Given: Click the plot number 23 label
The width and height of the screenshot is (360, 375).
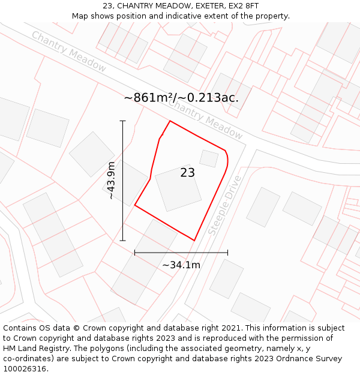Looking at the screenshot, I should [187, 173].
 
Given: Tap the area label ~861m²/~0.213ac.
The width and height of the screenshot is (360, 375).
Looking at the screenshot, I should [181, 98].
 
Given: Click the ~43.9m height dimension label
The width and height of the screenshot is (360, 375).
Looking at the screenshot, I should [112, 181].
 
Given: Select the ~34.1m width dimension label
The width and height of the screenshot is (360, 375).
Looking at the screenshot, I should [181, 265].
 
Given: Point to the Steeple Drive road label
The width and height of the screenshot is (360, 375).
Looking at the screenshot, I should [225, 205].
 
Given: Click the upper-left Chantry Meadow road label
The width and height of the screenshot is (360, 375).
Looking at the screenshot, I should [69, 52].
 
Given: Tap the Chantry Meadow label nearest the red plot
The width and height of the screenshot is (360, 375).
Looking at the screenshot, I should [205, 119].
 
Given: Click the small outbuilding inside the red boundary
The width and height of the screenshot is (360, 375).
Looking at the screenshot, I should [209, 158].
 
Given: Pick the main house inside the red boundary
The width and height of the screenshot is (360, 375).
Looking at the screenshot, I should [178, 188].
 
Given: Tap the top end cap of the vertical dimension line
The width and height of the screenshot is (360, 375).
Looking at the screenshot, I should [123, 121].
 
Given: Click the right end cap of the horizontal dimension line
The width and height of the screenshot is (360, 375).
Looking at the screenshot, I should [227, 253].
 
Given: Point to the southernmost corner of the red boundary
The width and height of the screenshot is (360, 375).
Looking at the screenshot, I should [194, 240].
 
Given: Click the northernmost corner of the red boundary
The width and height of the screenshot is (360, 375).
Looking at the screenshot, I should [170, 121].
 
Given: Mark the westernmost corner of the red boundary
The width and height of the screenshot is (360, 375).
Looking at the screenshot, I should [135, 205].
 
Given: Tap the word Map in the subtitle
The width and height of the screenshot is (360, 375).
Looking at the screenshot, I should [80, 16].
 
